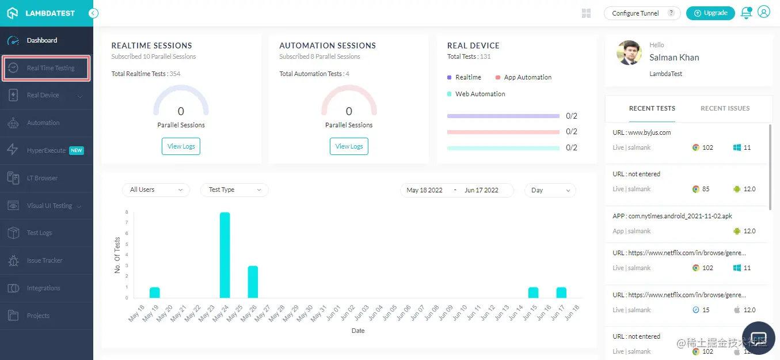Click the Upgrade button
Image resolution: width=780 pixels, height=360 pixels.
[710, 13]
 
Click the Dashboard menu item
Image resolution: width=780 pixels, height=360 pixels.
[41, 40]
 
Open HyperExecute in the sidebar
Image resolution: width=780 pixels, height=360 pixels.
[47, 150]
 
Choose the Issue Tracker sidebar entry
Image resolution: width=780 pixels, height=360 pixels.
[44, 260]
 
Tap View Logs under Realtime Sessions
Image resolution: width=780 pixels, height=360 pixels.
[181, 146]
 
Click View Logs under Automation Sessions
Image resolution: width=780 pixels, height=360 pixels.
[349, 146]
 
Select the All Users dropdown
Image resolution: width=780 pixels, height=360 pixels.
[155, 190]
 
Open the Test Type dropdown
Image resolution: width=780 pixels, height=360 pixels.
[234, 190]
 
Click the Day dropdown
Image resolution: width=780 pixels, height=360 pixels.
[550, 190]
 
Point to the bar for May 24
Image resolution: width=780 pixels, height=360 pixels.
[225, 255]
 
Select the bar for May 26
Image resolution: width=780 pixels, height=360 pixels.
[253, 282]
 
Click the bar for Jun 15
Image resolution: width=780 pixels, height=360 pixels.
[533, 293]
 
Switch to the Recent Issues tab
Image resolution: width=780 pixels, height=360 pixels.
[725, 108]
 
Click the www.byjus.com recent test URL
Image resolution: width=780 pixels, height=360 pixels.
[642, 132]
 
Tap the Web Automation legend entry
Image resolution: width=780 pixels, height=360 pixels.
[480, 94]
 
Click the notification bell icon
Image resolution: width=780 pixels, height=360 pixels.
[746, 13]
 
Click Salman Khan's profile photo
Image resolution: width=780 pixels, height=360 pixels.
[629, 53]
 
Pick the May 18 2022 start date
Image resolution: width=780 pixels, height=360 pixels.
[424, 190]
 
